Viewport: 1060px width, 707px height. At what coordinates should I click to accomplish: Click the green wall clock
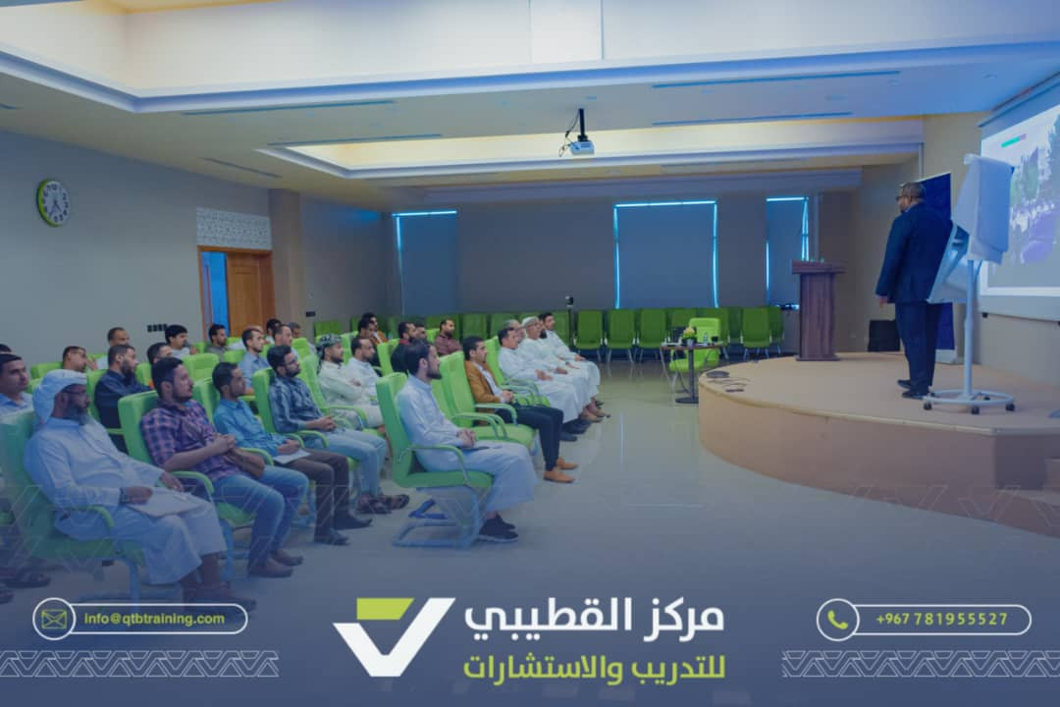(53, 202)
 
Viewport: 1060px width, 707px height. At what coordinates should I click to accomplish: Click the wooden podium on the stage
(817, 310)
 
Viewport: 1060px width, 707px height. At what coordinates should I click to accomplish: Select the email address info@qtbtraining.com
(154, 619)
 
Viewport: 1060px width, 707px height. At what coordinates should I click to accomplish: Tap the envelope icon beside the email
(53, 619)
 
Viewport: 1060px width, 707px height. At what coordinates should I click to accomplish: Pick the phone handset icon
(837, 619)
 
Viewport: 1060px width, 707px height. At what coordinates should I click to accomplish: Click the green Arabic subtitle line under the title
(594, 667)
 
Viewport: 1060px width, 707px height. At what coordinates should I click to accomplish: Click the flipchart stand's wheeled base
(969, 401)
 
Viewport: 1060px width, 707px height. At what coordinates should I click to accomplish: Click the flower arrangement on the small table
(689, 334)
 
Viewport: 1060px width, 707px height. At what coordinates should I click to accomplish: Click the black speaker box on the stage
(883, 336)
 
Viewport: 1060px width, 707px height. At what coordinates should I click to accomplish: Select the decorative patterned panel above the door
(234, 228)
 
